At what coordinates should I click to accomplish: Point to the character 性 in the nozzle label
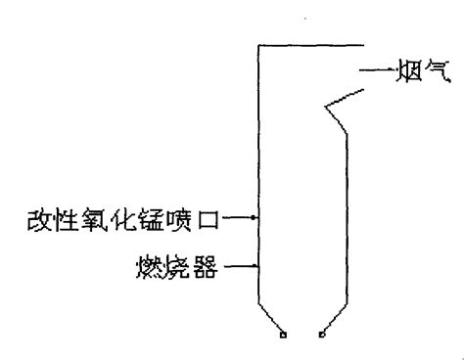64,218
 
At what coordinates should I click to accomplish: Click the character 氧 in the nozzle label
90,218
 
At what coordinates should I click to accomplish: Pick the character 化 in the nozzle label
116,218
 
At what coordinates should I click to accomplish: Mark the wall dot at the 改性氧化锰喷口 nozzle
256,218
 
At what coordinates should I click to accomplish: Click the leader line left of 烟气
375,70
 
